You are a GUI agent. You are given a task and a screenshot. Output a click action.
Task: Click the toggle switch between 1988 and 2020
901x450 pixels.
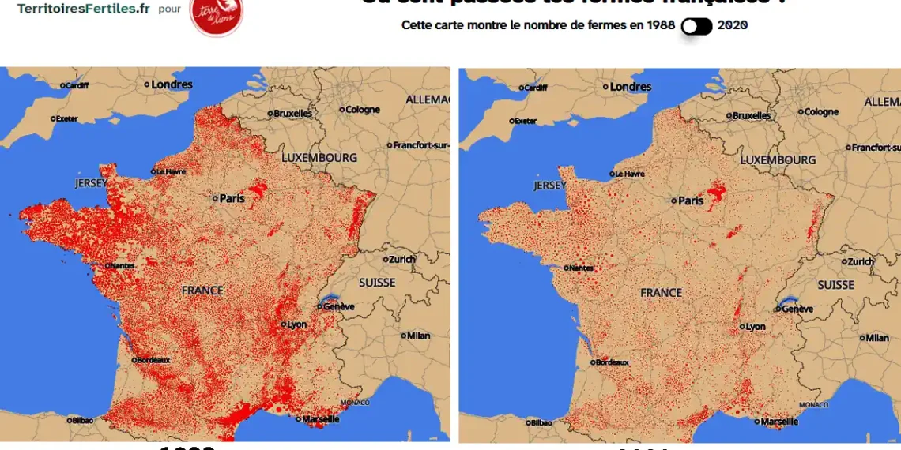point(696,26)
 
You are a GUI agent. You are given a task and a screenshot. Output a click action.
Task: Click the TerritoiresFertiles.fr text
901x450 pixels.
point(83,9)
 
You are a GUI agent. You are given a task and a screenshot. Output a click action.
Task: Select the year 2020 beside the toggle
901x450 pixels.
point(733,25)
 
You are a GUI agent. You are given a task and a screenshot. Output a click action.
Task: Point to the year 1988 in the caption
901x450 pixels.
point(659,25)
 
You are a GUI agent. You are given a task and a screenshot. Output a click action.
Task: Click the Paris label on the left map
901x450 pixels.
point(232,198)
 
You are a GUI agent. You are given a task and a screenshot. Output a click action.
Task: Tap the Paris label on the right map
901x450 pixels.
point(690,201)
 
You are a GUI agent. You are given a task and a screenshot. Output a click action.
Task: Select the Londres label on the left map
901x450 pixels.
point(172,84)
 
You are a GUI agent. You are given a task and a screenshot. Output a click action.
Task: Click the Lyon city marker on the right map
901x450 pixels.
point(742,326)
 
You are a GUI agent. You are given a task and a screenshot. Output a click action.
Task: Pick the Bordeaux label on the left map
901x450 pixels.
point(153,360)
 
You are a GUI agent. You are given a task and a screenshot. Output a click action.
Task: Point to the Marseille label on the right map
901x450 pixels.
point(778,422)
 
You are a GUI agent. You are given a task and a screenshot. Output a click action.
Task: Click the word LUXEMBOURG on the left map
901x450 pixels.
point(319,158)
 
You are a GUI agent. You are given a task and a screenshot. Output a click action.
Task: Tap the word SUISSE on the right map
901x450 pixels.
point(835,285)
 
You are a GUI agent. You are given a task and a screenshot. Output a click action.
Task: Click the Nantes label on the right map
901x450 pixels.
point(581,268)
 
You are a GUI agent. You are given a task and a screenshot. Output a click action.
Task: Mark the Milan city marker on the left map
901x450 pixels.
point(404,336)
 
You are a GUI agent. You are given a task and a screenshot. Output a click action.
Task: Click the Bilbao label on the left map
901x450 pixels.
point(81,421)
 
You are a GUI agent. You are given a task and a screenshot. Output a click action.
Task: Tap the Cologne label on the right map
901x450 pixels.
point(820,112)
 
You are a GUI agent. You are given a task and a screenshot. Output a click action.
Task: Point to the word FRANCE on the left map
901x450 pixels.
point(202,291)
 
